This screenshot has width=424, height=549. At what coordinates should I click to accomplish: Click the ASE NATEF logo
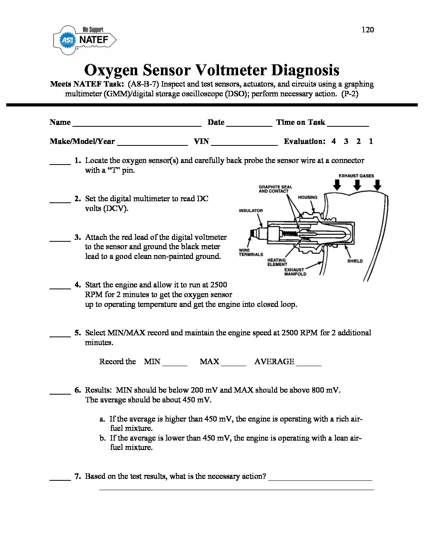click(x=85, y=39)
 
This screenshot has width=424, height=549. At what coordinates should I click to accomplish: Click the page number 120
click(x=367, y=30)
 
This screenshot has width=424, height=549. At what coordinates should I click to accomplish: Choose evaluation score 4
click(x=334, y=141)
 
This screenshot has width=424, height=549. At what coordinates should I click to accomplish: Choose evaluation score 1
click(x=371, y=141)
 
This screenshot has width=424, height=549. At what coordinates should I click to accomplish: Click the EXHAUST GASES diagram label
click(x=356, y=176)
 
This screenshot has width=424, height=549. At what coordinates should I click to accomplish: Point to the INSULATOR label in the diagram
click(x=251, y=211)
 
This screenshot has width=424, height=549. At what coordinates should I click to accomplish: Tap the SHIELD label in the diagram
click(x=355, y=261)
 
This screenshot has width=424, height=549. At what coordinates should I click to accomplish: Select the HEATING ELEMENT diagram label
click(x=277, y=262)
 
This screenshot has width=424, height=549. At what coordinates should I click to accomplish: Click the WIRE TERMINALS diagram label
click(x=251, y=252)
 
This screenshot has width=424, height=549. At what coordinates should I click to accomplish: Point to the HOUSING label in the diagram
click(x=307, y=197)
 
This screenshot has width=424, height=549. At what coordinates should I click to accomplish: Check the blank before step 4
click(x=60, y=287)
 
